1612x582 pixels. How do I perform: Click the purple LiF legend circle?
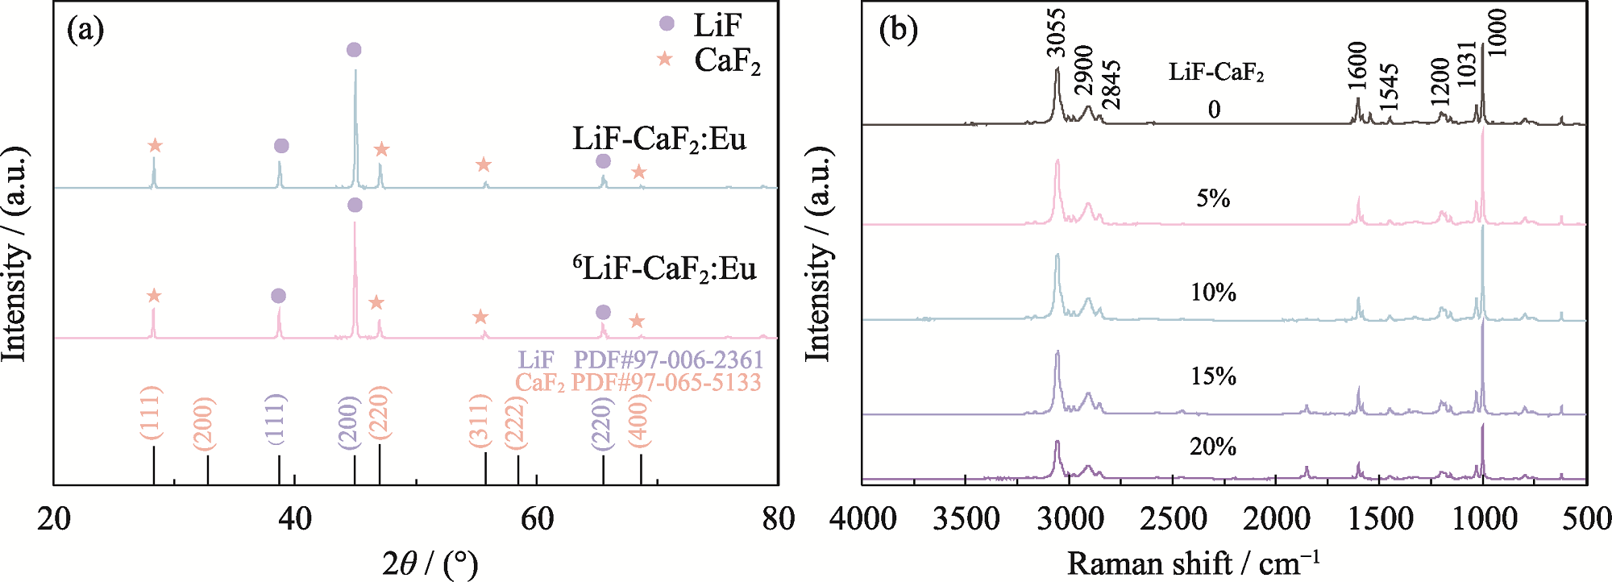pyautogui.click(x=667, y=23)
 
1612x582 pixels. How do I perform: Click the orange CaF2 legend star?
pyautogui.click(x=665, y=59)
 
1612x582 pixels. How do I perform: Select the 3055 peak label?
pyautogui.click(x=1056, y=33)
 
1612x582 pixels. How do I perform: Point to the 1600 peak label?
pyautogui.click(x=1357, y=66)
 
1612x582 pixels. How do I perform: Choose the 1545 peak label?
pyautogui.click(x=1388, y=87)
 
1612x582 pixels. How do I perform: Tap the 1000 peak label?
pyautogui.click(x=1496, y=33)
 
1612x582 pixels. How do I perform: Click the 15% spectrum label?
pyautogui.click(x=1213, y=376)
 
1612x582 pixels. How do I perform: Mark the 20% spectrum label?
pyautogui.click(x=1212, y=447)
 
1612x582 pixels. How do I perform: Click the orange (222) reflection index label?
pyautogui.click(x=515, y=423)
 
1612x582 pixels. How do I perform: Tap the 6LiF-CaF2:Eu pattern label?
pyautogui.click(x=665, y=268)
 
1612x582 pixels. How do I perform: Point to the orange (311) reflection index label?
pyautogui.click(x=480, y=420)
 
